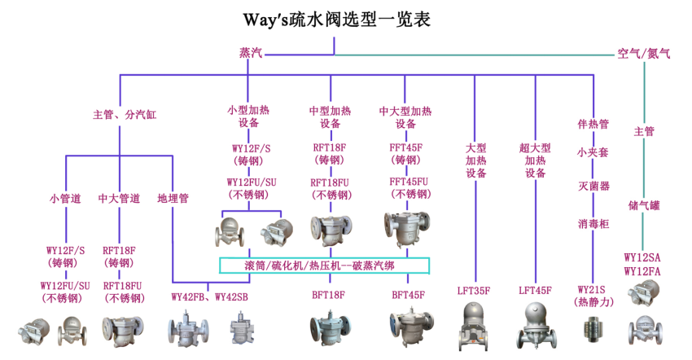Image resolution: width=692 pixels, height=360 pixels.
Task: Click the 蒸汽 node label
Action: (251, 54)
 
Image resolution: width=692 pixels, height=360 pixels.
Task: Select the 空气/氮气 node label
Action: (644, 54)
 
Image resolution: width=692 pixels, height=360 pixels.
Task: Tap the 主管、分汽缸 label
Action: (124, 115)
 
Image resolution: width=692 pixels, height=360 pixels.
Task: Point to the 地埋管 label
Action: (173, 198)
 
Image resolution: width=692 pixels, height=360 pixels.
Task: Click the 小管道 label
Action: (65, 198)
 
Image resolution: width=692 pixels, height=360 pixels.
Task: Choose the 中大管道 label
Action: (120, 198)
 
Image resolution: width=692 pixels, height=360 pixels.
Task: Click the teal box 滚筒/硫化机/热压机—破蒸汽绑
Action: (325, 266)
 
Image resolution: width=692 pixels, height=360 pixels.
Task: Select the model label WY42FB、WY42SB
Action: (209, 295)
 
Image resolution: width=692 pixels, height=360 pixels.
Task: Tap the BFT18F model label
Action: (329, 295)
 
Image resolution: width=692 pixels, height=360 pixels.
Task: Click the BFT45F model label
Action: (409, 295)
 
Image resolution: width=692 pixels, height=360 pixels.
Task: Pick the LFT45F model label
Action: (535, 290)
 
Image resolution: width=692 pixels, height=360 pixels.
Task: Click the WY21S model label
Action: (593, 290)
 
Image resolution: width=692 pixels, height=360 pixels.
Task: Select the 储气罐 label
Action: (644, 206)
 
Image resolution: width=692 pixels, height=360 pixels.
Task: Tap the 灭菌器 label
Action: (593, 187)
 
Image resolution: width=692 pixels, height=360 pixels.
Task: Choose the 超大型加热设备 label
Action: (535, 160)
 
